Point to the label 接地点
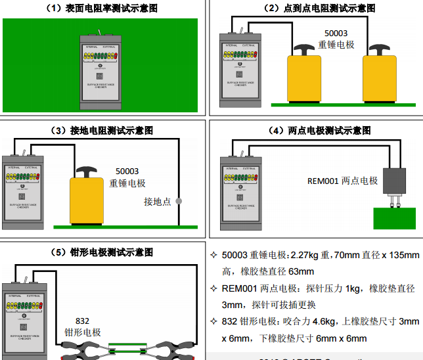click(x=157, y=202)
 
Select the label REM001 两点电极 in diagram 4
click(x=342, y=181)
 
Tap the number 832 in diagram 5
click(x=82, y=321)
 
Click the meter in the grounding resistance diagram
click(x=22, y=192)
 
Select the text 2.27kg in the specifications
click(x=304, y=255)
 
